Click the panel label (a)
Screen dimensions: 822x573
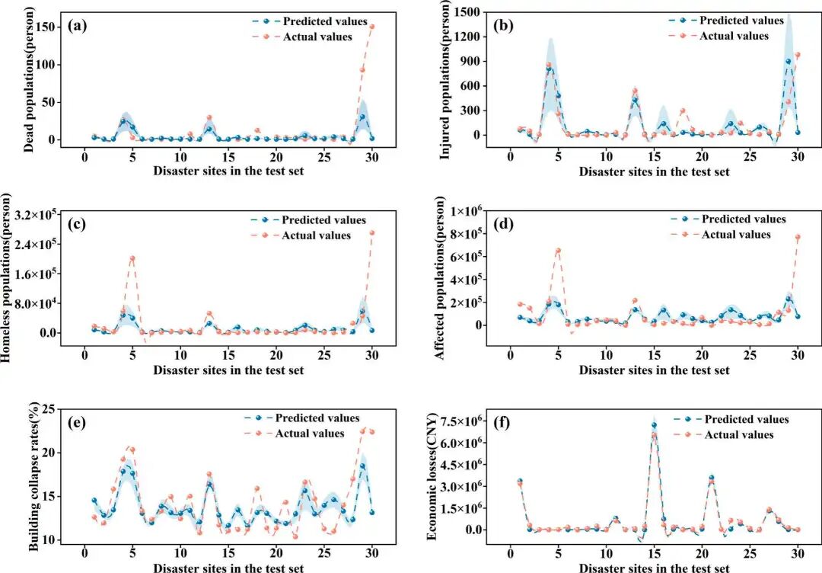[x=78, y=26]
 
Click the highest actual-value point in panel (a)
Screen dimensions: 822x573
[x=372, y=26]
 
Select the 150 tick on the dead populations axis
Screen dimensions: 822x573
[x=45, y=27]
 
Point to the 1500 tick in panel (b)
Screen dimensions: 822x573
[x=470, y=12]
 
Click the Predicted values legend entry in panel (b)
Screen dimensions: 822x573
[x=726, y=21]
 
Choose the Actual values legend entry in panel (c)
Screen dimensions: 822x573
[x=301, y=235]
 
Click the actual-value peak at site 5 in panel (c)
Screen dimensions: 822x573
[x=132, y=258]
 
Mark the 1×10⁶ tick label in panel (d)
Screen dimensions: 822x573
[x=463, y=211]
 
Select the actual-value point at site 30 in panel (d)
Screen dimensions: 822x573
[x=798, y=237]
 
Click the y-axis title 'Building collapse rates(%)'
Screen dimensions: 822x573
[x=34, y=476]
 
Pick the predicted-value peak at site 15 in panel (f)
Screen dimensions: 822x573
[x=654, y=425]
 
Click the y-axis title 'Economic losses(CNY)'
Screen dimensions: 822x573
[x=432, y=476]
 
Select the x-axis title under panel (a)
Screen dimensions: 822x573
[x=228, y=171]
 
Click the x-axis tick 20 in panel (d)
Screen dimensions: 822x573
[x=702, y=355]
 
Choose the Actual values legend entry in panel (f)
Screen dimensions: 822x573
[x=724, y=434]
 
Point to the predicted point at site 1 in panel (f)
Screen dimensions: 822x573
[x=520, y=481]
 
